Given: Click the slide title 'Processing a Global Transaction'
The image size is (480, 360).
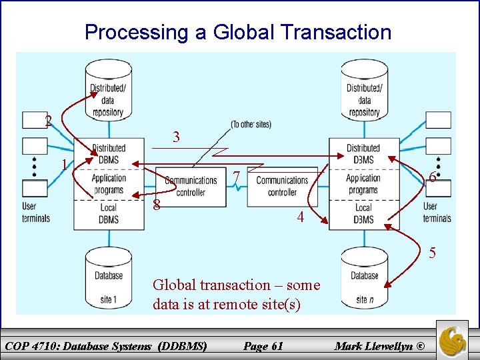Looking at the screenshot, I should (x=238, y=32).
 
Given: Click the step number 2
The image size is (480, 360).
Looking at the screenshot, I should (x=48, y=121).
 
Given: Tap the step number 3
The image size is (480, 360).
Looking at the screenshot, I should (x=176, y=137).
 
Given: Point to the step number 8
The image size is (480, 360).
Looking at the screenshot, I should (x=156, y=204).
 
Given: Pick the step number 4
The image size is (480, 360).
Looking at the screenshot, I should (x=301, y=217).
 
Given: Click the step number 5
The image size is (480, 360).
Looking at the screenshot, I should (x=433, y=253).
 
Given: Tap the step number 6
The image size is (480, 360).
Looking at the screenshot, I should (x=433, y=177).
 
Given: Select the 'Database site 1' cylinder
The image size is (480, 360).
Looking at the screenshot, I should (x=108, y=278).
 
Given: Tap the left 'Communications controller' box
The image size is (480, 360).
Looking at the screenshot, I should (x=191, y=186).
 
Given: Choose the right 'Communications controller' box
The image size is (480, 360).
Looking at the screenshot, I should (x=282, y=186).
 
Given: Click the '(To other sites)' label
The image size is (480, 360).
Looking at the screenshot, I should (x=251, y=125).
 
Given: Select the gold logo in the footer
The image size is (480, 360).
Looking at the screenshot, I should (x=451, y=337).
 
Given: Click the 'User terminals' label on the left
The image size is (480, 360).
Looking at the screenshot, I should (x=35, y=212).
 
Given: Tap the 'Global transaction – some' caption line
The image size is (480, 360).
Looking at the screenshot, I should (x=236, y=285).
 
